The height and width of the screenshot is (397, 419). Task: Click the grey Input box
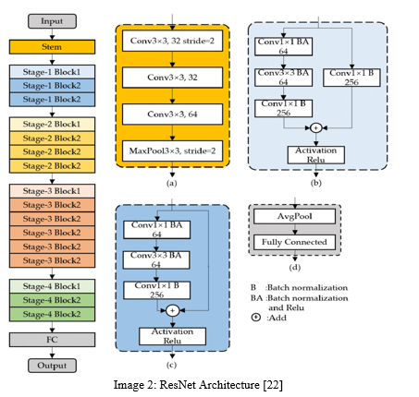pyautogui.click(x=52, y=21)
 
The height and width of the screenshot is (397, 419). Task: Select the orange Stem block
pyautogui.click(x=52, y=47)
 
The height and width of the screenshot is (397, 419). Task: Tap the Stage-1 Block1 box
pyautogui.click(x=52, y=72)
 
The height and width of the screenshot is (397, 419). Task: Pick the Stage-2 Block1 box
pyautogui.click(x=52, y=124)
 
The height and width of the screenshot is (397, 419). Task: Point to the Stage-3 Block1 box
pyautogui.click(x=52, y=191)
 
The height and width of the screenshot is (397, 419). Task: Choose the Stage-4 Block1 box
pyautogui.click(x=52, y=286)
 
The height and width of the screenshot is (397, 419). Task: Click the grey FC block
pyautogui.click(x=52, y=340)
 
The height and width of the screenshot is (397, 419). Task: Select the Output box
pyautogui.click(x=52, y=366)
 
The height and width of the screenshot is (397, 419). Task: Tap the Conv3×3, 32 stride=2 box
pyautogui.click(x=172, y=41)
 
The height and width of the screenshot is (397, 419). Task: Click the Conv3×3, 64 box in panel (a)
pyautogui.click(x=172, y=114)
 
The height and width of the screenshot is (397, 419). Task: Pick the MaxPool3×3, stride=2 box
pyautogui.click(x=172, y=150)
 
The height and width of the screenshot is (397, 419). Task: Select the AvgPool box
pyautogui.click(x=294, y=216)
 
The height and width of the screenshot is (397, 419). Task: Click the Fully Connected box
pyautogui.click(x=294, y=242)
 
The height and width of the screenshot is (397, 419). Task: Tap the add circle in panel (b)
pyautogui.click(x=315, y=127)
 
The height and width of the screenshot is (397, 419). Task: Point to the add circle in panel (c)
pyautogui.click(x=172, y=310)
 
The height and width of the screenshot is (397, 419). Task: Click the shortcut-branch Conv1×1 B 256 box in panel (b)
pyautogui.click(x=351, y=78)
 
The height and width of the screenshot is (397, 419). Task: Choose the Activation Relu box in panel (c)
pyautogui.click(x=172, y=336)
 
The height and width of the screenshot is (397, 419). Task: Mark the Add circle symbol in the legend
pyautogui.click(x=256, y=318)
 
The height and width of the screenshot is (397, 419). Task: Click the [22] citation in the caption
pyautogui.click(x=273, y=385)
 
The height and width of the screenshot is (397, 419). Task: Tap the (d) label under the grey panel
pyautogui.click(x=295, y=268)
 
